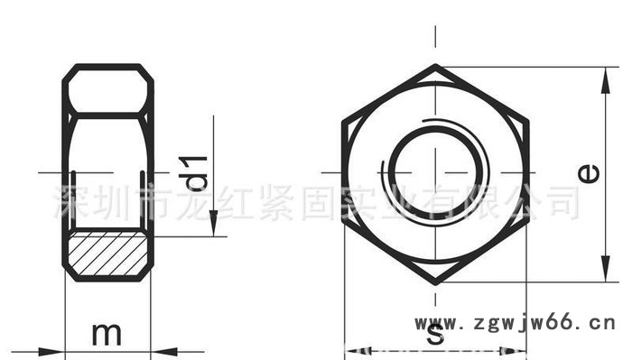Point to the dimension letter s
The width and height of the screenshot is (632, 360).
point(435,336)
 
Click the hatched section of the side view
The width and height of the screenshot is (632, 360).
point(107,254)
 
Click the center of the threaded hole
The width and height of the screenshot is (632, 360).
point(435,172)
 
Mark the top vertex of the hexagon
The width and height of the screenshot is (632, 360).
point(435,66)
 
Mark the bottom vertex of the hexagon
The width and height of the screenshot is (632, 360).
point(435,282)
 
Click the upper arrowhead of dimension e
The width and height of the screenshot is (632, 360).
point(604,77)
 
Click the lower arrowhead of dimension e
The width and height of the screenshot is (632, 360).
point(604,272)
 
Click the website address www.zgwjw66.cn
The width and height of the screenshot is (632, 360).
point(514,322)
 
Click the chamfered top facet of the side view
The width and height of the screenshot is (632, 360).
point(107,90)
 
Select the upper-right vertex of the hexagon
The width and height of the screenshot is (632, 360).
point(528,119)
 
